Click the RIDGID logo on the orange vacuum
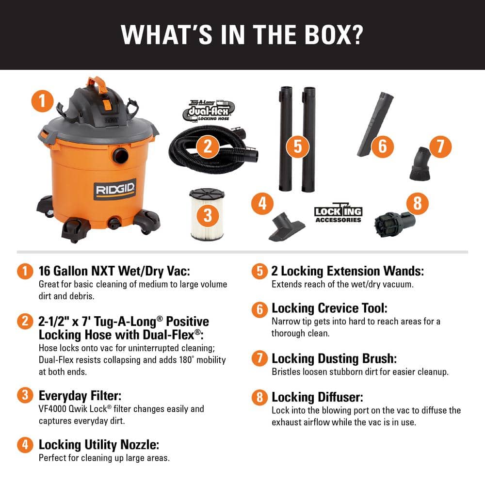tap(115, 189)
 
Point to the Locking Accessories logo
tap(338, 213)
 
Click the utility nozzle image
tap(286, 227)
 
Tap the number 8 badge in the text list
tap(260, 397)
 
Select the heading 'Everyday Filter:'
tap(80, 395)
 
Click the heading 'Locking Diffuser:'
tap(317, 397)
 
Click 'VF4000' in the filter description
tap(53, 409)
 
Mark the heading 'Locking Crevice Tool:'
tap(329, 308)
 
